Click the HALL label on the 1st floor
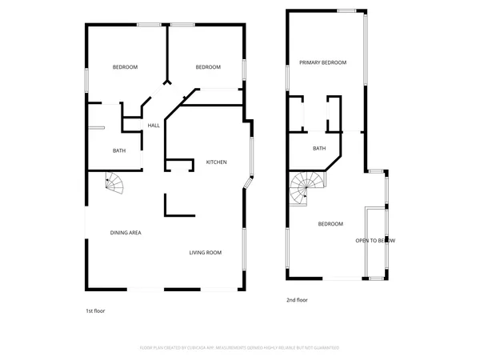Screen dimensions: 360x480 [x=154, y=126]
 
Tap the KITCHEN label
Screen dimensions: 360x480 [x=217, y=162]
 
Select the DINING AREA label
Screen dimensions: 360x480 [x=126, y=232]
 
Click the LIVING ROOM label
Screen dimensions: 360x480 [x=205, y=253]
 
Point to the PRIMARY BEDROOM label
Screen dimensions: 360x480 [x=322, y=62]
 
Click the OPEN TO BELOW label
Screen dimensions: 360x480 [x=374, y=240]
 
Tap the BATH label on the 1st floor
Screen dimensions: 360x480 [x=119, y=150]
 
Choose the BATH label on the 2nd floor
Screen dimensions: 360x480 [x=319, y=148]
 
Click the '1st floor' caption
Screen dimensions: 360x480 [x=95, y=310]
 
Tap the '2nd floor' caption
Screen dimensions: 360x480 [x=297, y=300]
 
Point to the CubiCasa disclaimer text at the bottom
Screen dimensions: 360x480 [x=240, y=348]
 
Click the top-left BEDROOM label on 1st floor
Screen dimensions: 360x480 [x=125, y=66]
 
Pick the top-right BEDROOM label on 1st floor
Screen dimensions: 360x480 [x=208, y=66]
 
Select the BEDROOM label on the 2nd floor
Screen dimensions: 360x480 [x=330, y=224]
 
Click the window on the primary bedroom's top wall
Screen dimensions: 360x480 [x=346, y=10]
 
